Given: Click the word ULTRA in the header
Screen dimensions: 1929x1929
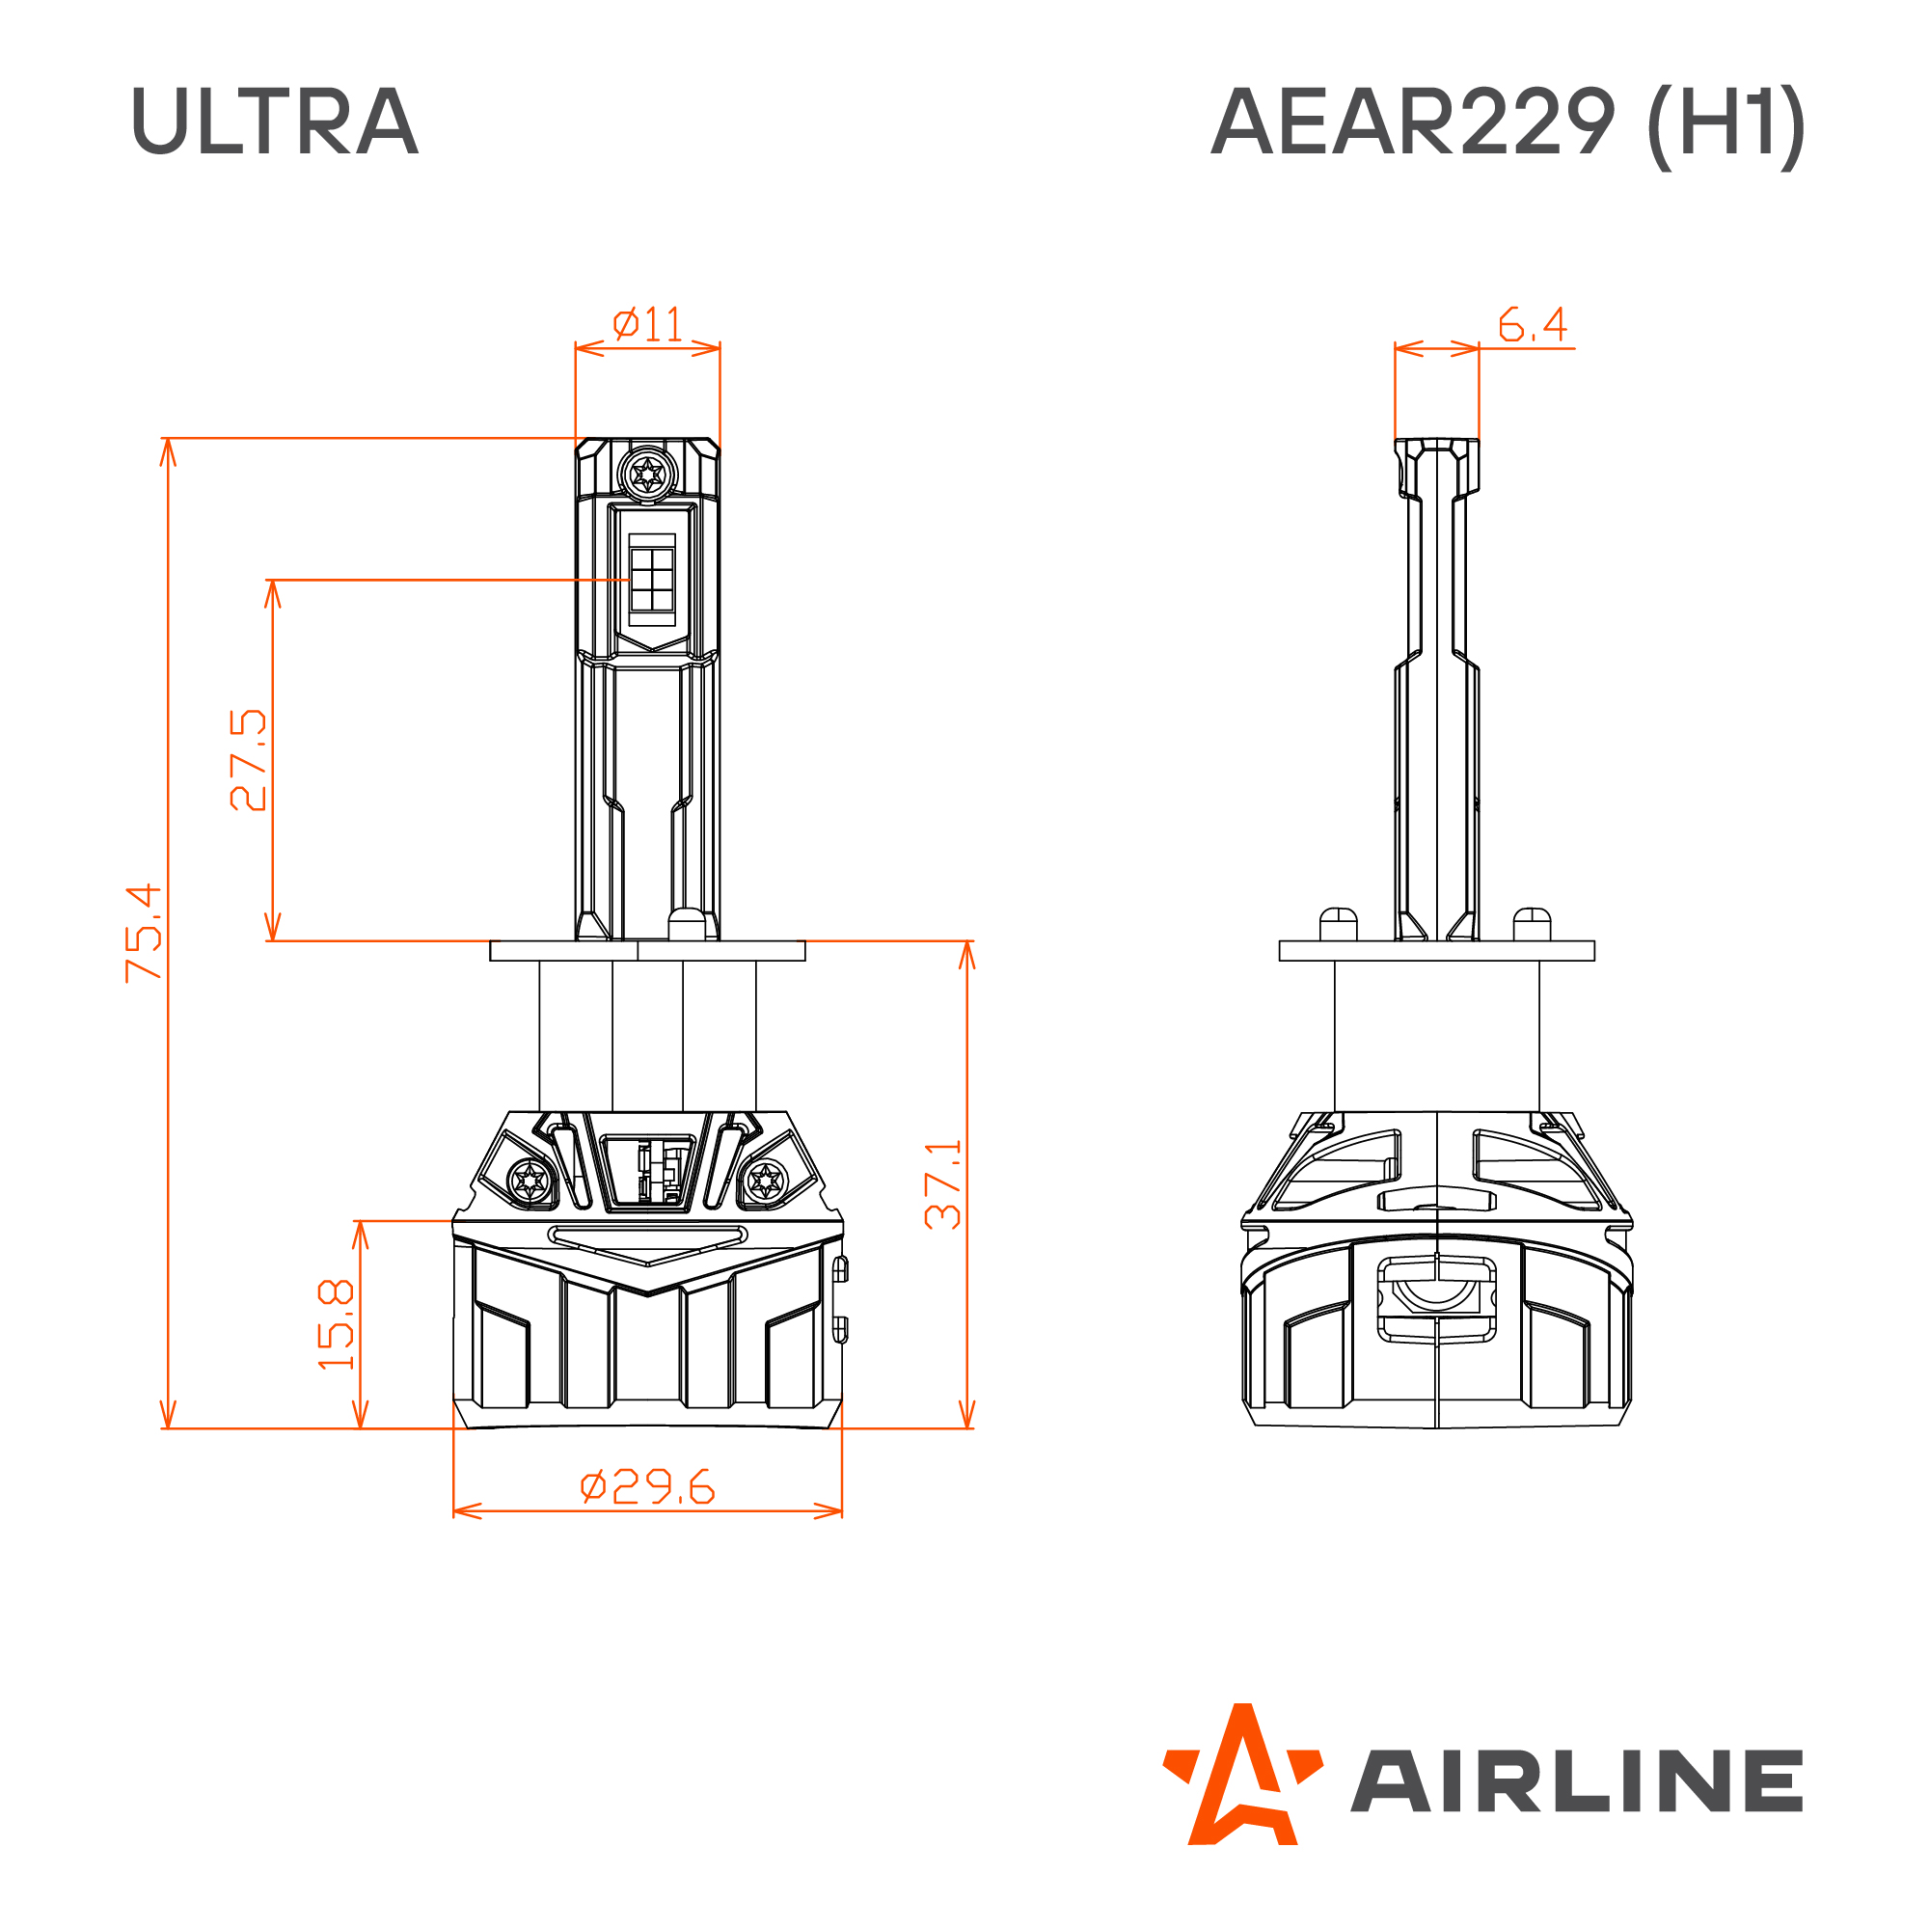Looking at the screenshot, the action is click(x=275, y=121).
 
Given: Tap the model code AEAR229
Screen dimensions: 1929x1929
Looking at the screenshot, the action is click(x=1412, y=121).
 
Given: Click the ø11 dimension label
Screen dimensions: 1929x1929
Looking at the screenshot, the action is click(x=648, y=323).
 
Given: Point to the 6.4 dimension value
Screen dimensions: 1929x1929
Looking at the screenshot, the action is click(x=1533, y=323).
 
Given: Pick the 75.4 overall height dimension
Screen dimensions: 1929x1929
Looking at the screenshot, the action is click(x=143, y=933).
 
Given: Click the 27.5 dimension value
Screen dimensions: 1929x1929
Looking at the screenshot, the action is click(x=248, y=760).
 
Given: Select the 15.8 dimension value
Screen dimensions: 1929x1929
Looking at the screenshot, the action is click(x=336, y=1324).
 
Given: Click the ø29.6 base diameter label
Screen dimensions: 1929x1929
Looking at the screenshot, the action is click(x=648, y=1487).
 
